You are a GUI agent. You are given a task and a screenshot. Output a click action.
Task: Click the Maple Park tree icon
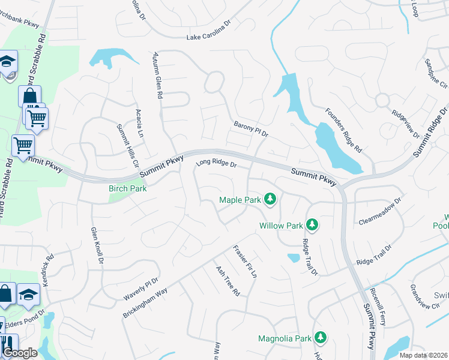click(270, 199)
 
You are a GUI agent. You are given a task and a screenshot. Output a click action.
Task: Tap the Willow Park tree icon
click(312, 225)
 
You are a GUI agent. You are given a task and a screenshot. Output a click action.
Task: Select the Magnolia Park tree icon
click(321, 338)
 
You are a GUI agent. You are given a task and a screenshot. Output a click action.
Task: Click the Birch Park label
click(127, 188)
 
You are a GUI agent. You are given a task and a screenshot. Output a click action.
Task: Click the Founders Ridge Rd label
click(344, 130)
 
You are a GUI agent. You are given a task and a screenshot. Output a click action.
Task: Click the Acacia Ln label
click(139, 124)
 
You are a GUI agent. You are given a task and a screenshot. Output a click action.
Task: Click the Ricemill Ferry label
click(378, 307)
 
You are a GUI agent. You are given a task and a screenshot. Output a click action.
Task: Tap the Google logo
click(20, 353)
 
